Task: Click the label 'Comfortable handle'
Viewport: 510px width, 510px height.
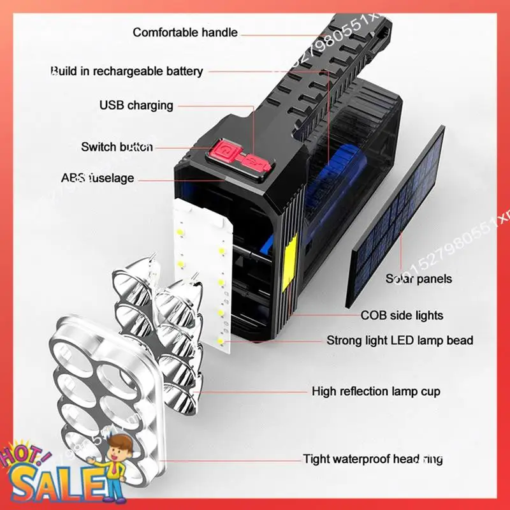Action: point(185,33)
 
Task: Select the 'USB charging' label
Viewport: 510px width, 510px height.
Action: point(136,105)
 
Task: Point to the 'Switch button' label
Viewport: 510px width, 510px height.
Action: point(117,147)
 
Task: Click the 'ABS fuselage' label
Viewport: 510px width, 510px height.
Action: point(97,178)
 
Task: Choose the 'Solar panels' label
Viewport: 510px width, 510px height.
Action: point(418,279)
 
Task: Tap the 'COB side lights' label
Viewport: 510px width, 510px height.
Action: point(402,315)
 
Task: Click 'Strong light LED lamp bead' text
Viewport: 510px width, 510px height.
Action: point(400,340)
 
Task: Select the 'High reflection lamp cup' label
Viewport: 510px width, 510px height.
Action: point(375,391)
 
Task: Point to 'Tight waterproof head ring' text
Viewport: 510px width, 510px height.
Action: point(372,459)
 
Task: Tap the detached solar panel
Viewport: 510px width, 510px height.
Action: point(396,217)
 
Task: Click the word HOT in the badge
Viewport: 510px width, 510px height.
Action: point(25,456)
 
